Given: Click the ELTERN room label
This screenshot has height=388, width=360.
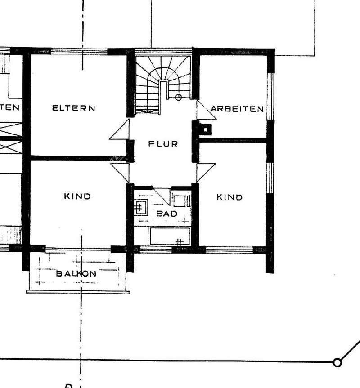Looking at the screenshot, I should pyautogui.click(x=74, y=108).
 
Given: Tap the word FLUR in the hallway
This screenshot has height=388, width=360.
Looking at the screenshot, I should pyautogui.click(x=163, y=144).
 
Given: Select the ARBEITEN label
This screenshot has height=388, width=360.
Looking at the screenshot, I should pyautogui.click(x=237, y=109).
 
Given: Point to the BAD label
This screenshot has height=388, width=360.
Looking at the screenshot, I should pyautogui.click(x=166, y=214).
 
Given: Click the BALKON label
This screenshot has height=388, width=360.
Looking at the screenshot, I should pyautogui.click(x=76, y=273).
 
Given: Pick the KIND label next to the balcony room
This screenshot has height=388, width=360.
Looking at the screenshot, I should pyautogui.click(x=77, y=196).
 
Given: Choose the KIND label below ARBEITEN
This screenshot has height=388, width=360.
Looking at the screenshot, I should pyautogui.click(x=229, y=197).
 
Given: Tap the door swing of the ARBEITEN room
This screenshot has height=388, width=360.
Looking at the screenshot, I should pyautogui.click(x=205, y=110).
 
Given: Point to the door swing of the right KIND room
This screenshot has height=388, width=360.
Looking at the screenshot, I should pyautogui.click(x=205, y=172).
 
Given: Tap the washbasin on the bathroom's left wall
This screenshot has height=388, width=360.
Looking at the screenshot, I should pyautogui.click(x=139, y=207).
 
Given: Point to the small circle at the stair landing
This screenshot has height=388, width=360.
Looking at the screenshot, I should pyautogui.click(x=179, y=97).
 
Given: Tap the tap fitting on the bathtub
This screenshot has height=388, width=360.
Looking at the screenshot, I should pyautogui.click(x=179, y=242).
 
